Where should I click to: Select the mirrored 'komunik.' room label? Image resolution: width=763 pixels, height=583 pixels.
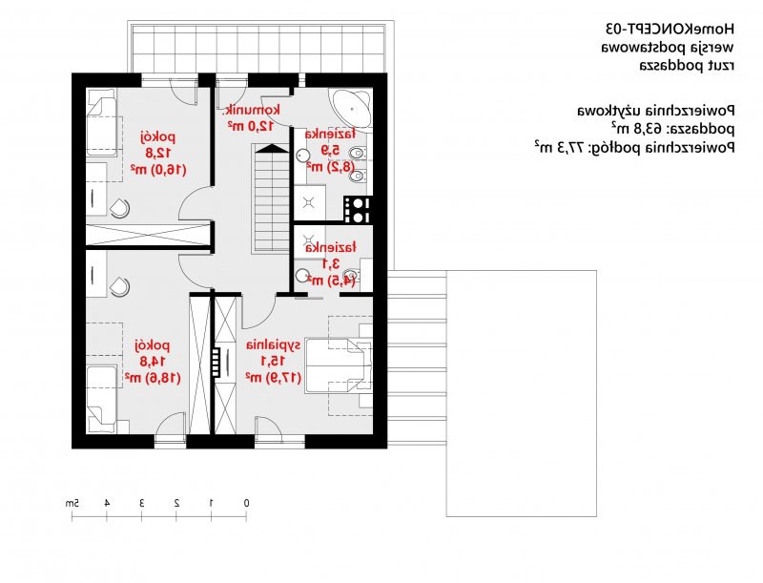252,110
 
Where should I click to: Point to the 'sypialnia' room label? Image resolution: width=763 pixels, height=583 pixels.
273,345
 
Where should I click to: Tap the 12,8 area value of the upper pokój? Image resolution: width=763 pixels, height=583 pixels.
157,153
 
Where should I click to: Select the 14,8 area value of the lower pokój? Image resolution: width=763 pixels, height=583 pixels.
153,361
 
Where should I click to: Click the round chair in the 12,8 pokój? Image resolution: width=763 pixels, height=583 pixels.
120,208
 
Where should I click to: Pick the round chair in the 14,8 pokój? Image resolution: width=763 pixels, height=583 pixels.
120,286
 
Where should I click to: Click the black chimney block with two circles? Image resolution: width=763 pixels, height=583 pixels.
358,209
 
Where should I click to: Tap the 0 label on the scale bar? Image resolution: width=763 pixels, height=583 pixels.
246,503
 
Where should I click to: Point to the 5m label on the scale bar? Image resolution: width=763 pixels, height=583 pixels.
72,503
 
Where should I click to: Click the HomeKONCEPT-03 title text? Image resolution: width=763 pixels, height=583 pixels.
670,29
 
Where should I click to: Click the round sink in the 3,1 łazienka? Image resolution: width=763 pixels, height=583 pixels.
302,277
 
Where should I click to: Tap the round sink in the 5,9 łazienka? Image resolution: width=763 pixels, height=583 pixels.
302,156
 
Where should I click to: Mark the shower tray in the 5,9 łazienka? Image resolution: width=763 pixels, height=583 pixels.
309,203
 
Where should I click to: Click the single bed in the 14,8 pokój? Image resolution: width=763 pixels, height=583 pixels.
102,400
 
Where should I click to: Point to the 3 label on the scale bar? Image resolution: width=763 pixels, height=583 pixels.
141,503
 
